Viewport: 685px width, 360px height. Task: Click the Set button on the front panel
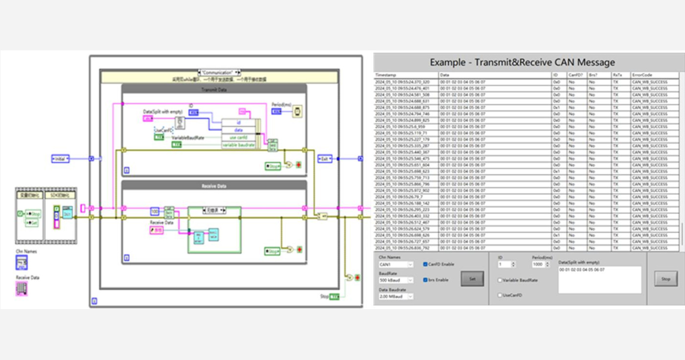click(x=472, y=279)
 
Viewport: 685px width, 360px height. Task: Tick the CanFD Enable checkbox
click(x=425, y=264)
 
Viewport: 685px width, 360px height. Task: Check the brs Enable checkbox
click(x=425, y=280)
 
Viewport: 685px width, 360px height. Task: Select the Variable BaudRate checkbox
click(x=500, y=280)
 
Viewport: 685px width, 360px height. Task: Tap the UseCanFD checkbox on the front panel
click(x=500, y=295)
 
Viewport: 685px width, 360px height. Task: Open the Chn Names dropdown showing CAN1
click(x=396, y=265)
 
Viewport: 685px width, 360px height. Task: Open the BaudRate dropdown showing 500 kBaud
click(x=396, y=280)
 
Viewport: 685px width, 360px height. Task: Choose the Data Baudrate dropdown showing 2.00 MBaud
click(x=396, y=296)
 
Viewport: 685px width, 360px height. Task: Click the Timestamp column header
click(x=406, y=75)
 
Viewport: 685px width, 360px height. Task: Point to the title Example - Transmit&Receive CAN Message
click(x=522, y=62)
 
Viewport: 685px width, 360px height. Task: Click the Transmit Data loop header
click(x=214, y=90)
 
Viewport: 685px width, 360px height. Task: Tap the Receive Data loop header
click(x=214, y=186)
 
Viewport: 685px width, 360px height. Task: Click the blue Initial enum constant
click(x=60, y=159)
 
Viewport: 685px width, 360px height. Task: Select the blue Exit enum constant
click(x=324, y=159)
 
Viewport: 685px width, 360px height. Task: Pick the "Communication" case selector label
click(x=218, y=72)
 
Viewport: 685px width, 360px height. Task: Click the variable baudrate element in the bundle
click(x=238, y=145)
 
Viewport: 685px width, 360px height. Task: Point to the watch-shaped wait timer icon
click(x=297, y=112)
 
